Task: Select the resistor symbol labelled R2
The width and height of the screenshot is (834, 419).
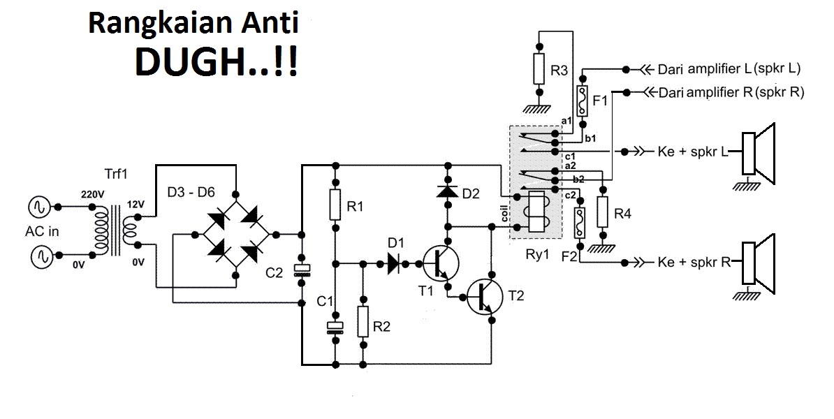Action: point(363,321)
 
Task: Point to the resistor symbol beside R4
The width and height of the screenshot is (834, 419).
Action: point(602,212)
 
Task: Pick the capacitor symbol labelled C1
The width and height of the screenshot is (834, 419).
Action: point(336,327)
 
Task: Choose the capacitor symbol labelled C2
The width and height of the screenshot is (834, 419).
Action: point(302,271)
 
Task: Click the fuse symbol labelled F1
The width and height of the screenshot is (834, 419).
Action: point(582,100)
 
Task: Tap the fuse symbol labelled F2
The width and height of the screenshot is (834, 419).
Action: point(580,224)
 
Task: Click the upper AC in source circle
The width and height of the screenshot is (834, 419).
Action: point(36,207)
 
